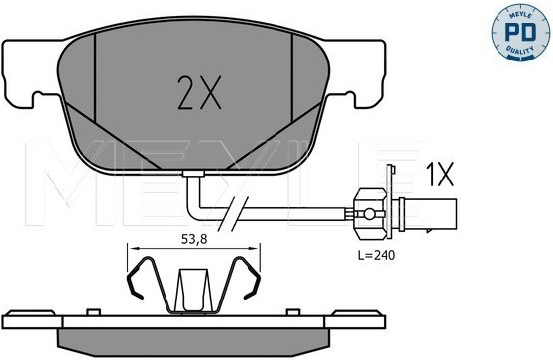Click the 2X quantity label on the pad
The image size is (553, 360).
(x=199, y=92)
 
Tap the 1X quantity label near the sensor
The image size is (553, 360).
(x=439, y=175)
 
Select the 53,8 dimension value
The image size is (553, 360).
(x=194, y=239)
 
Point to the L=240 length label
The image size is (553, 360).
(x=377, y=255)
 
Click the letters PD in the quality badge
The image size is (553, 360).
(x=520, y=32)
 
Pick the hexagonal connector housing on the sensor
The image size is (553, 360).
(x=371, y=214)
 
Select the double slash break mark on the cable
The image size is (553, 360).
(x=233, y=214)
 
